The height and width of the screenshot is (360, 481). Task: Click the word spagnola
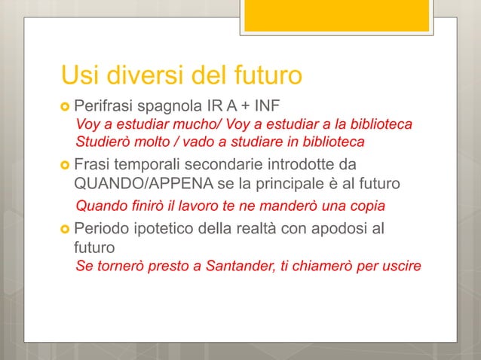coord(172,105)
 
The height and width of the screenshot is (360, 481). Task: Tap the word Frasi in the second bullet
coord(92,164)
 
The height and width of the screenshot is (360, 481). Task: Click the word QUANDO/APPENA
coord(131,183)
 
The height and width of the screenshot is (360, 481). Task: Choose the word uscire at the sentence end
coord(400,266)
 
